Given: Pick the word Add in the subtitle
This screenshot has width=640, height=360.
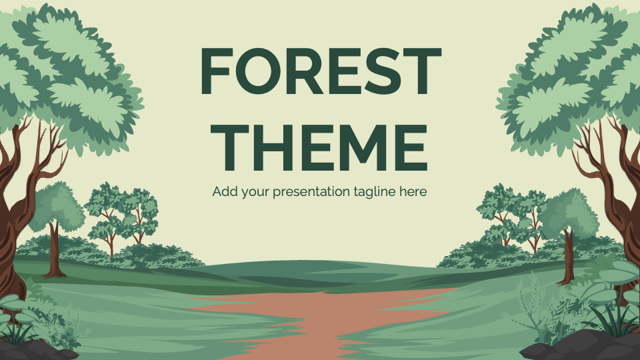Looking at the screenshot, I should (x=224, y=191).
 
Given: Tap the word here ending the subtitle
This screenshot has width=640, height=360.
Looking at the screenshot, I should (x=413, y=191).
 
